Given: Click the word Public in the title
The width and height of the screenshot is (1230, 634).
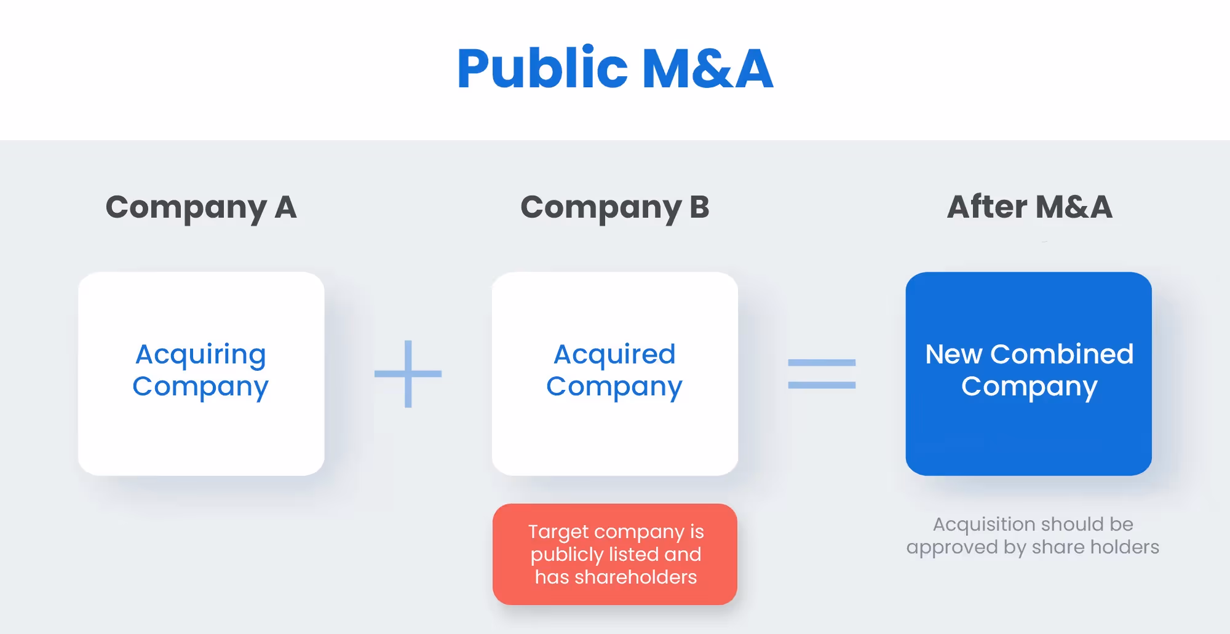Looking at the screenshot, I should [542, 69].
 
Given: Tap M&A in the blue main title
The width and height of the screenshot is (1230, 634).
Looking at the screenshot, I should [707, 69].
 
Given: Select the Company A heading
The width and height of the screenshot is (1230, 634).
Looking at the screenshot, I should [201, 207].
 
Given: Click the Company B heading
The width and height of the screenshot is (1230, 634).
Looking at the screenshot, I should [614, 207].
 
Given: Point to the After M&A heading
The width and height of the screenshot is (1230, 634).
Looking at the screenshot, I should [1030, 207].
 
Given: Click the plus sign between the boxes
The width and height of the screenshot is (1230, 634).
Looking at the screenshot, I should [408, 374].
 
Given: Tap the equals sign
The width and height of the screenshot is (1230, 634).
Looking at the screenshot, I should [822, 374].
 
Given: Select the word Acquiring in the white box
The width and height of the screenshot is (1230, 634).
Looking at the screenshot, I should [201, 355].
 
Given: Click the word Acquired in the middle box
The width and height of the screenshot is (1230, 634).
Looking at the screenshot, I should [614, 354].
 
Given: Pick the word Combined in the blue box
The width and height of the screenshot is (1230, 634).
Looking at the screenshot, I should [1061, 354].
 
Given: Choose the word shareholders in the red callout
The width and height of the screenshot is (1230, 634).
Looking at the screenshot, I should [635, 577].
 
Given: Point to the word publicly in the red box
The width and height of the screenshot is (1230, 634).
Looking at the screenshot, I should [566, 555].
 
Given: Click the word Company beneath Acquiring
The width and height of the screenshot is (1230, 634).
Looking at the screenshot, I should [200, 387].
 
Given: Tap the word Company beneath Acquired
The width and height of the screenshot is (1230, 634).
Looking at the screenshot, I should [614, 387].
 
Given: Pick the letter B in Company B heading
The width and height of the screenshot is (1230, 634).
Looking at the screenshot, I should [699, 207].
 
